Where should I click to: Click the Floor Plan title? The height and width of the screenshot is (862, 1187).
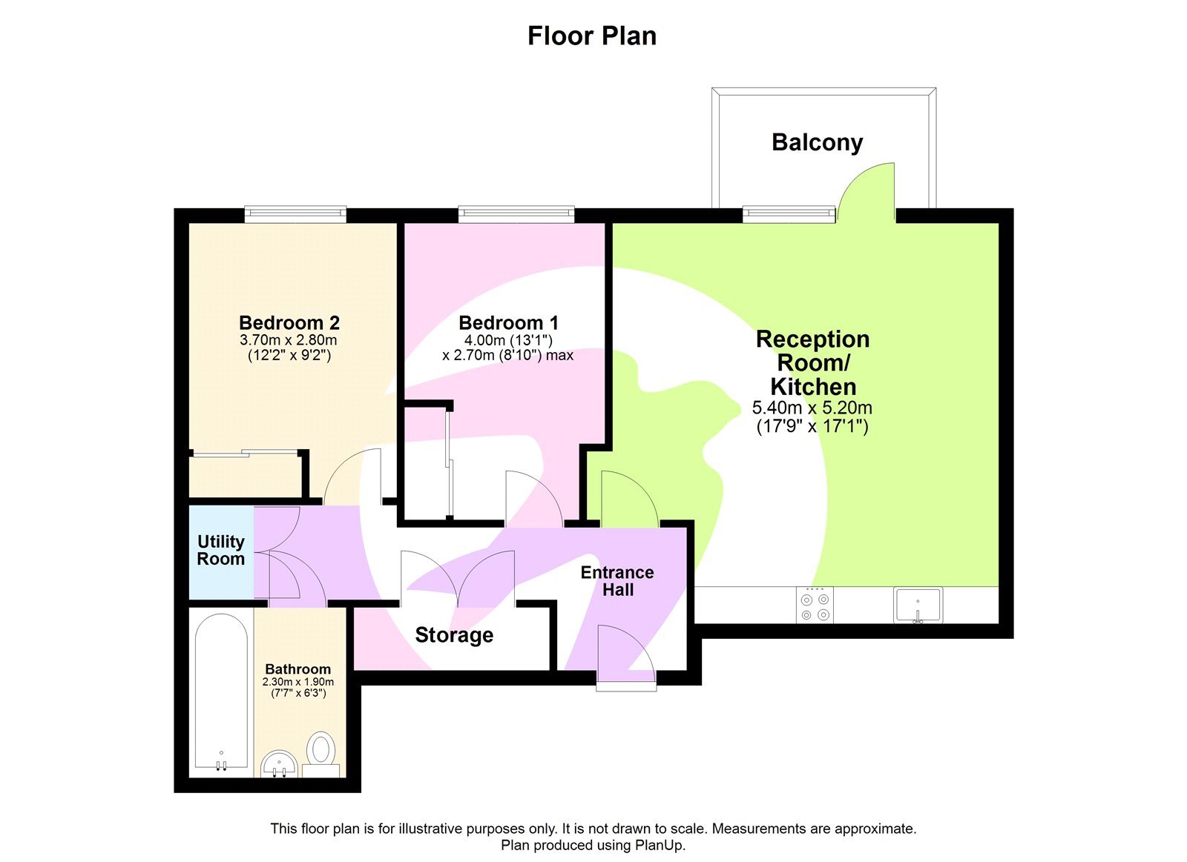pyautogui.click(x=591, y=36)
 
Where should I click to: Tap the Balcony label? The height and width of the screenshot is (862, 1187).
pyautogui.click(x=817, y=142)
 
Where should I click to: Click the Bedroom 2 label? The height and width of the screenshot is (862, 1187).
pyautogui.click(x=289, y=322)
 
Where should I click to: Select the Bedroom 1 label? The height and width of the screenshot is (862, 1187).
pyautogui.click(x=508, y=322)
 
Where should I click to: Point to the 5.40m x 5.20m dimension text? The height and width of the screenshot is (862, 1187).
pyautogui.click(x=812, y=408)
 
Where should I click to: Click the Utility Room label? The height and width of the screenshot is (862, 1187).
pyautogui.click(x=220, y=550)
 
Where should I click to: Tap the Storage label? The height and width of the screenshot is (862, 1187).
pyautogui.click(x=454, y=635)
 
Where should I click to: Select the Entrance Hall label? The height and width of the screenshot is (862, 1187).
pyautogui.click(x=617, y=581)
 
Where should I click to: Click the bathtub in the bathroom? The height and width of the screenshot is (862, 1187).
pyautogui.click(x=221, y=691)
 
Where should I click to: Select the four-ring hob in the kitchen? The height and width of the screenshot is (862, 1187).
pyautogui.click(x=815, y=605)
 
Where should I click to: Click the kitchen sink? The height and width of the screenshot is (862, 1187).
pyautogui.click(x=918, y=605)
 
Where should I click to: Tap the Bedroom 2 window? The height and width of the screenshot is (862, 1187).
pyautogui.click(x=295, y=214)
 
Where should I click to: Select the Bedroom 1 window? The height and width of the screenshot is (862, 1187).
pyautogui.click(x=516, y=214)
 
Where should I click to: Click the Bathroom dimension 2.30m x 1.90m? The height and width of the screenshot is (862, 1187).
pyautogui.click(x=297, y=682)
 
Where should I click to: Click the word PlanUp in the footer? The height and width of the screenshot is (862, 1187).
pyautogui.click(x=658, y=845)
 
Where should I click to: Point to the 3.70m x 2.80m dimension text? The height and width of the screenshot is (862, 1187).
pyautogui.click(x=288, y=340)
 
